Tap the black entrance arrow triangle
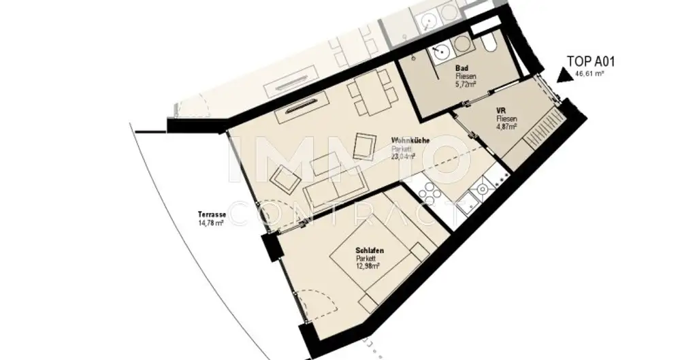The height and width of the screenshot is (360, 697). [564, 76]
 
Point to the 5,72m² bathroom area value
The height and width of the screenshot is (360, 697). [466, 84]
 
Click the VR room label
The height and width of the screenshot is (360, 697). [500, 111]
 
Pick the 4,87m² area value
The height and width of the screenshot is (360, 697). [507, 126]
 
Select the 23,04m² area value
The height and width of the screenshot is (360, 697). [404, 156]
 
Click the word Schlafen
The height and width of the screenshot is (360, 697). [370, 251]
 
